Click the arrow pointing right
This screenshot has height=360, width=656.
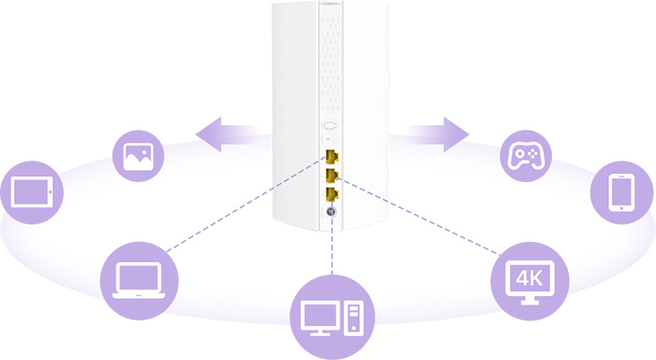[x=428, y=134]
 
